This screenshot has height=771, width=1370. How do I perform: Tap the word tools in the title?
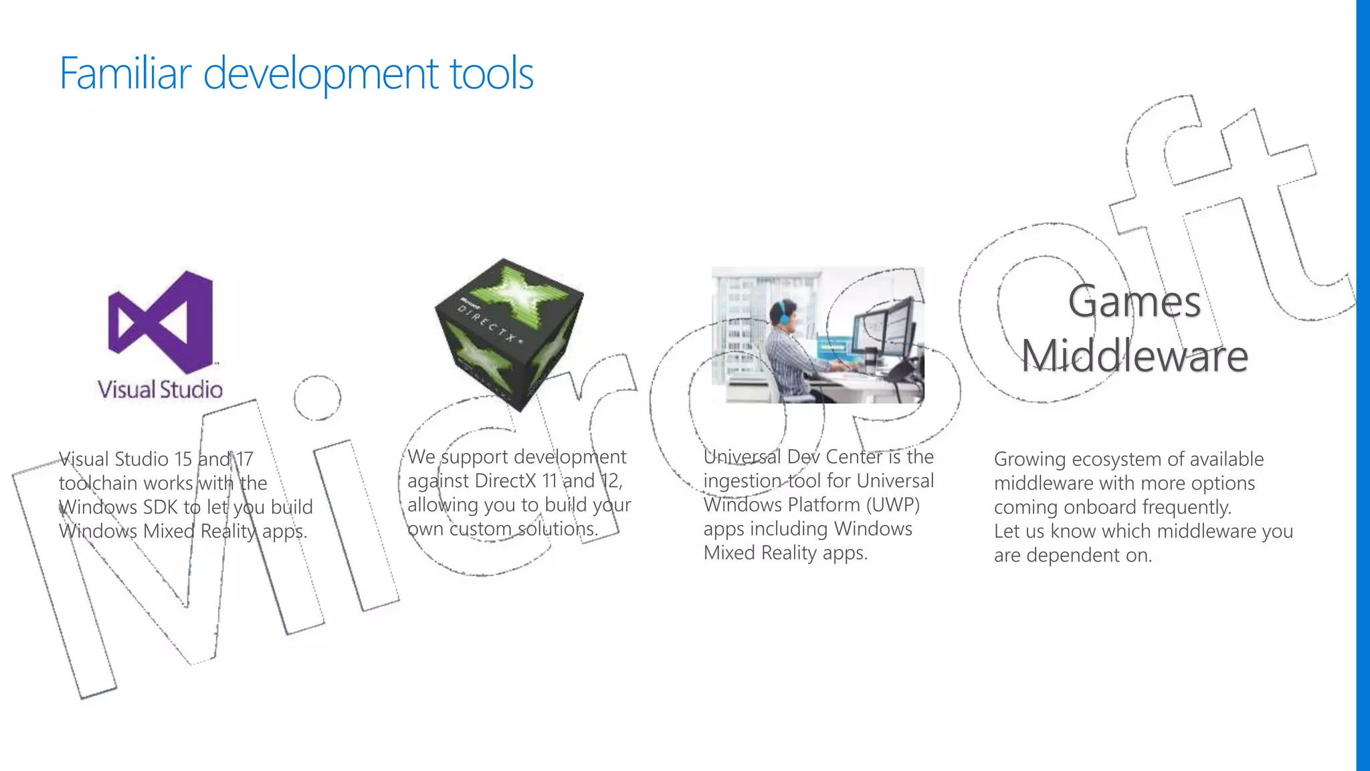[492, 73]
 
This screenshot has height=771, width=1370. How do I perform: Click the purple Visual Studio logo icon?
[161, 321]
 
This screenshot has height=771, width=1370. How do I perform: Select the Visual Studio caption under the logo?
[160, 390]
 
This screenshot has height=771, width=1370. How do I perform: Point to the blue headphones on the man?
[780, 312]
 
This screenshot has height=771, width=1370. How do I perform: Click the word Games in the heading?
[1135, 302]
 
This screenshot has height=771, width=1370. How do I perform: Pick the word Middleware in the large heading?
[1135, 355]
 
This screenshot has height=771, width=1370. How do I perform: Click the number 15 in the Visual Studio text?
[183, 459]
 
